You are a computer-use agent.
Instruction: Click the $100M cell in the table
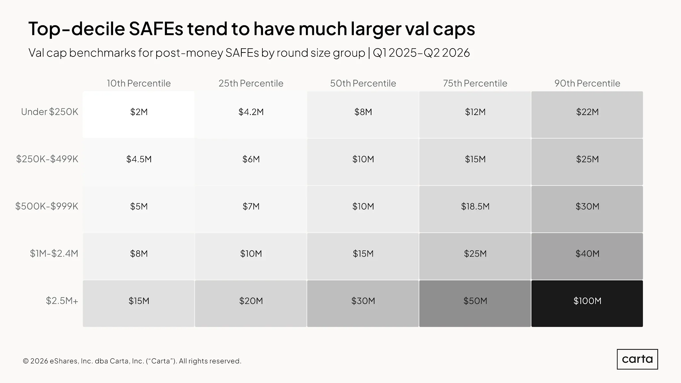(587, 304)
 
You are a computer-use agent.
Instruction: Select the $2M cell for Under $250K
(139, 114)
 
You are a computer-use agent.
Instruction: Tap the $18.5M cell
(475, 209)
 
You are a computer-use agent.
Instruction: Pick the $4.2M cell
(251, 114)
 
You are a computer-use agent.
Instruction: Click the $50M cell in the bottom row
(475, 304)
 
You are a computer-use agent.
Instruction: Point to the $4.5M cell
(139, 162)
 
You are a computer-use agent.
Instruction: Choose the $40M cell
(587, 256)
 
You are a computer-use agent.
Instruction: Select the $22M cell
(587, 114)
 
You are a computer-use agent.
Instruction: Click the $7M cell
(251, 209)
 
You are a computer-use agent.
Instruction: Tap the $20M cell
(251, 304)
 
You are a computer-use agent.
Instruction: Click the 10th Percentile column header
(139, 83)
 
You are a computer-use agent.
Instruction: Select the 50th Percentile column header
(363, 83)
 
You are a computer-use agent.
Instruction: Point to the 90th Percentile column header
(587, 83)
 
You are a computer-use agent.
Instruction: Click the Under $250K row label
(50, 112)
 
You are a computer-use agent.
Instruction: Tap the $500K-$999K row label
(47, 206)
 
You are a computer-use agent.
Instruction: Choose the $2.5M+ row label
(62, 301)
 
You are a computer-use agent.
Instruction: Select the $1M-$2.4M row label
(54, 253)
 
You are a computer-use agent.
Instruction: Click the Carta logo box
(637, 359)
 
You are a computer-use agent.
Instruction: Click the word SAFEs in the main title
(156, 29)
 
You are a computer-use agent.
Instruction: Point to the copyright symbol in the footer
(26, 361)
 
